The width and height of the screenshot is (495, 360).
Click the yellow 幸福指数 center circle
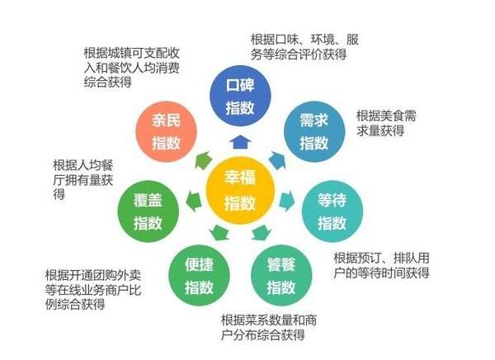click(240, 190)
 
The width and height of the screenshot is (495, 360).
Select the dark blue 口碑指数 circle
click(240, 96)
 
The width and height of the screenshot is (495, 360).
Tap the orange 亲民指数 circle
click(166, 131)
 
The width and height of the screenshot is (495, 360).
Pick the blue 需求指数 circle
click(314, 131)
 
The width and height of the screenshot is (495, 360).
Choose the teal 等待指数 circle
click(332, 211)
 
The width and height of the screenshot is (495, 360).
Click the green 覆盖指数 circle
click(148, 211)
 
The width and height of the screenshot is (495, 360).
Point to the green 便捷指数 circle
click(199, 276)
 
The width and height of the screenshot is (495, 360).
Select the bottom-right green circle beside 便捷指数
click(281, 276)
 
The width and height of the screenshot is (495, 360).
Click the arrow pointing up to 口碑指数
click(240, 142)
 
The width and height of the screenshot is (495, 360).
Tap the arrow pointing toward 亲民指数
click(203, 160)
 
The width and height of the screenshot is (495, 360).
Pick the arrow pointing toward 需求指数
click(277, 160)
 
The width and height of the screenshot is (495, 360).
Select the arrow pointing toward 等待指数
click(286, 201)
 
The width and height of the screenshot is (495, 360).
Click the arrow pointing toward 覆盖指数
click(194, 201)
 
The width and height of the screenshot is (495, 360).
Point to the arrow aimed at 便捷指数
click(219, 233)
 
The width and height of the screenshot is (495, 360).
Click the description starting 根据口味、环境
click(304, 47)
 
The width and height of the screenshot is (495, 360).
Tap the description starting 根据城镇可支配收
click(132, 68)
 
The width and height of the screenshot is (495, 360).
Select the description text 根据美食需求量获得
click(386, 123)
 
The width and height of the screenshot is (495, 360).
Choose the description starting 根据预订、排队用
click(381, 266)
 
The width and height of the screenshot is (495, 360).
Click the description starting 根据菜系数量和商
click(269, 328)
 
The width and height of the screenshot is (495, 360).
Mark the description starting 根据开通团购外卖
click(92, 290)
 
